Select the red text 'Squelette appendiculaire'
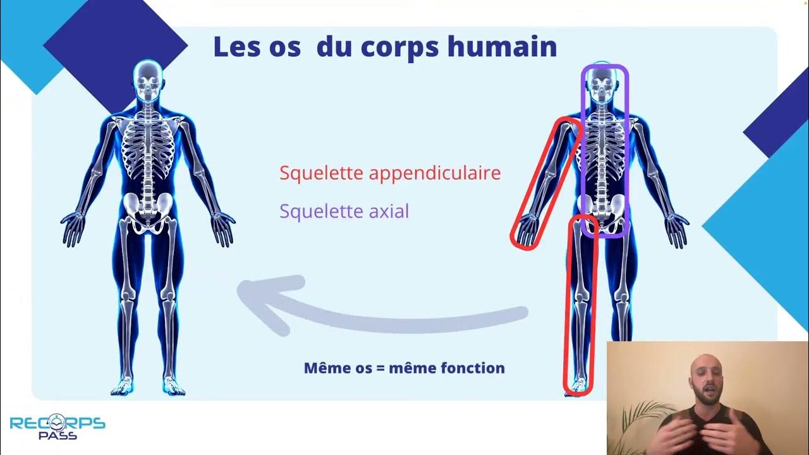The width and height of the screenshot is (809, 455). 389,173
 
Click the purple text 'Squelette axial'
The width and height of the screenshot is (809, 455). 344,211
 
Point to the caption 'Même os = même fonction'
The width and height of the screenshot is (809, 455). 404,367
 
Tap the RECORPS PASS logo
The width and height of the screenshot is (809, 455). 57,427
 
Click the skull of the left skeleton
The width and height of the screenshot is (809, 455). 148,83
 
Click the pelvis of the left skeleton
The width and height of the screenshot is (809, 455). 148,209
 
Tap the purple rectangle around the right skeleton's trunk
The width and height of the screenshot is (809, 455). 628,152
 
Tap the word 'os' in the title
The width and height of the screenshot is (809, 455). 283,47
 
